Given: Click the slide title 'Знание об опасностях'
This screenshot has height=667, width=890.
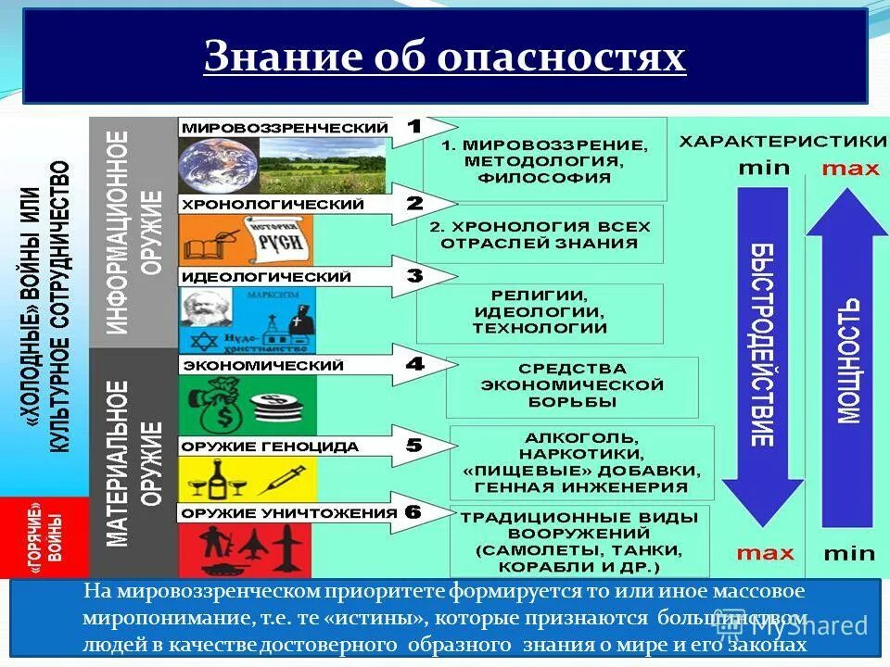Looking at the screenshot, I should pyautogui.click(x=445, y=57).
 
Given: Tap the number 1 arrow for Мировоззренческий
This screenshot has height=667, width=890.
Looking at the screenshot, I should pyautogui.click(x=422, y=129).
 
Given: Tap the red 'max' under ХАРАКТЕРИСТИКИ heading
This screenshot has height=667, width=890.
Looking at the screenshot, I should pyautogui.click(x=849, y=169).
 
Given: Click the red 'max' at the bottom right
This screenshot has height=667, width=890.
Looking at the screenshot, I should pyautogui.click(x=765, y=553).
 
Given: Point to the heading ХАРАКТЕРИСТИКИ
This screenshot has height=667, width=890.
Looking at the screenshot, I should pyautogui.click(x=782, y=141).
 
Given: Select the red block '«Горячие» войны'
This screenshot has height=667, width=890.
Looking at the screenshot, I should pyautogui.click(x=44, y=537).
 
